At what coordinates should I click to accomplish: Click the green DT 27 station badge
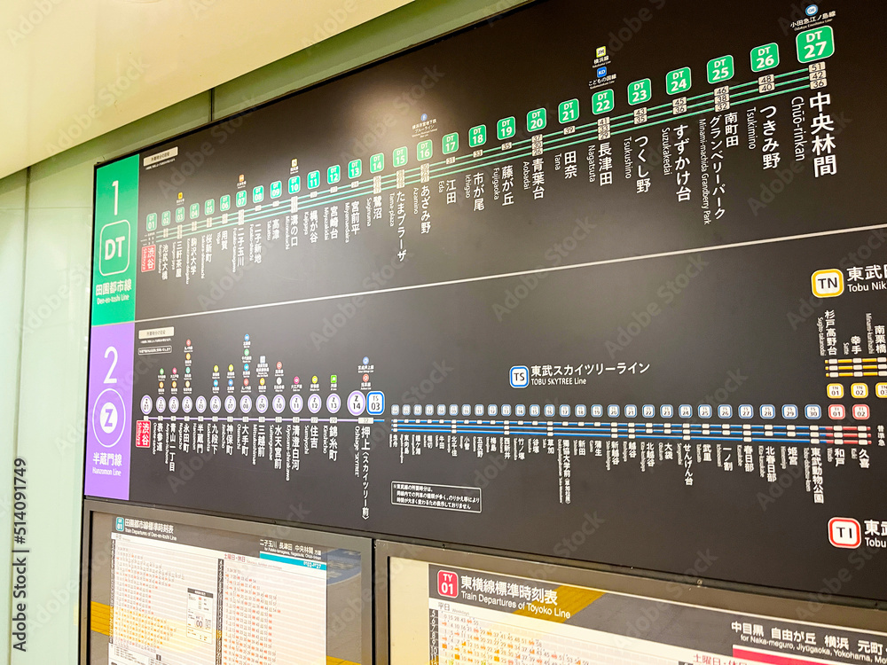pos(814,44)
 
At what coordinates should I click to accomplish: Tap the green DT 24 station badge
pos(679,81)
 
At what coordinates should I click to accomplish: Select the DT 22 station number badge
pos(603,101)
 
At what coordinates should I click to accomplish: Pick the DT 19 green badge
pos(506,129)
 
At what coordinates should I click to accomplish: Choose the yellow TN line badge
pos(827,283)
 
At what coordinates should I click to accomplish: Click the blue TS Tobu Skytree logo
pos(519,376)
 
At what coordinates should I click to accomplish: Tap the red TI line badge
pos(844,532)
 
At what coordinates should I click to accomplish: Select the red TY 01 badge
pos(447,583)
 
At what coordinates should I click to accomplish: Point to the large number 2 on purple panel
pos(111,364)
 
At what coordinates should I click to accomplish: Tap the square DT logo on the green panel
pos(114,247)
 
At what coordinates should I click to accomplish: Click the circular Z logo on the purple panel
pos(109,417)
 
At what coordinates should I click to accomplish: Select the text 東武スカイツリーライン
pos(590,369)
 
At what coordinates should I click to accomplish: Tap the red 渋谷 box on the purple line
pos(143,434)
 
